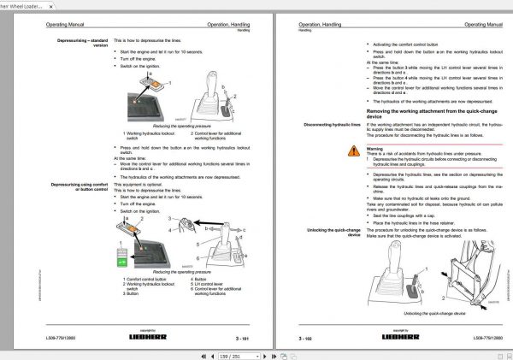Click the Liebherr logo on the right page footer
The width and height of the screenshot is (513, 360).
coord(401,337)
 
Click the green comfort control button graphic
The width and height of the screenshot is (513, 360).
coord(121,260)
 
